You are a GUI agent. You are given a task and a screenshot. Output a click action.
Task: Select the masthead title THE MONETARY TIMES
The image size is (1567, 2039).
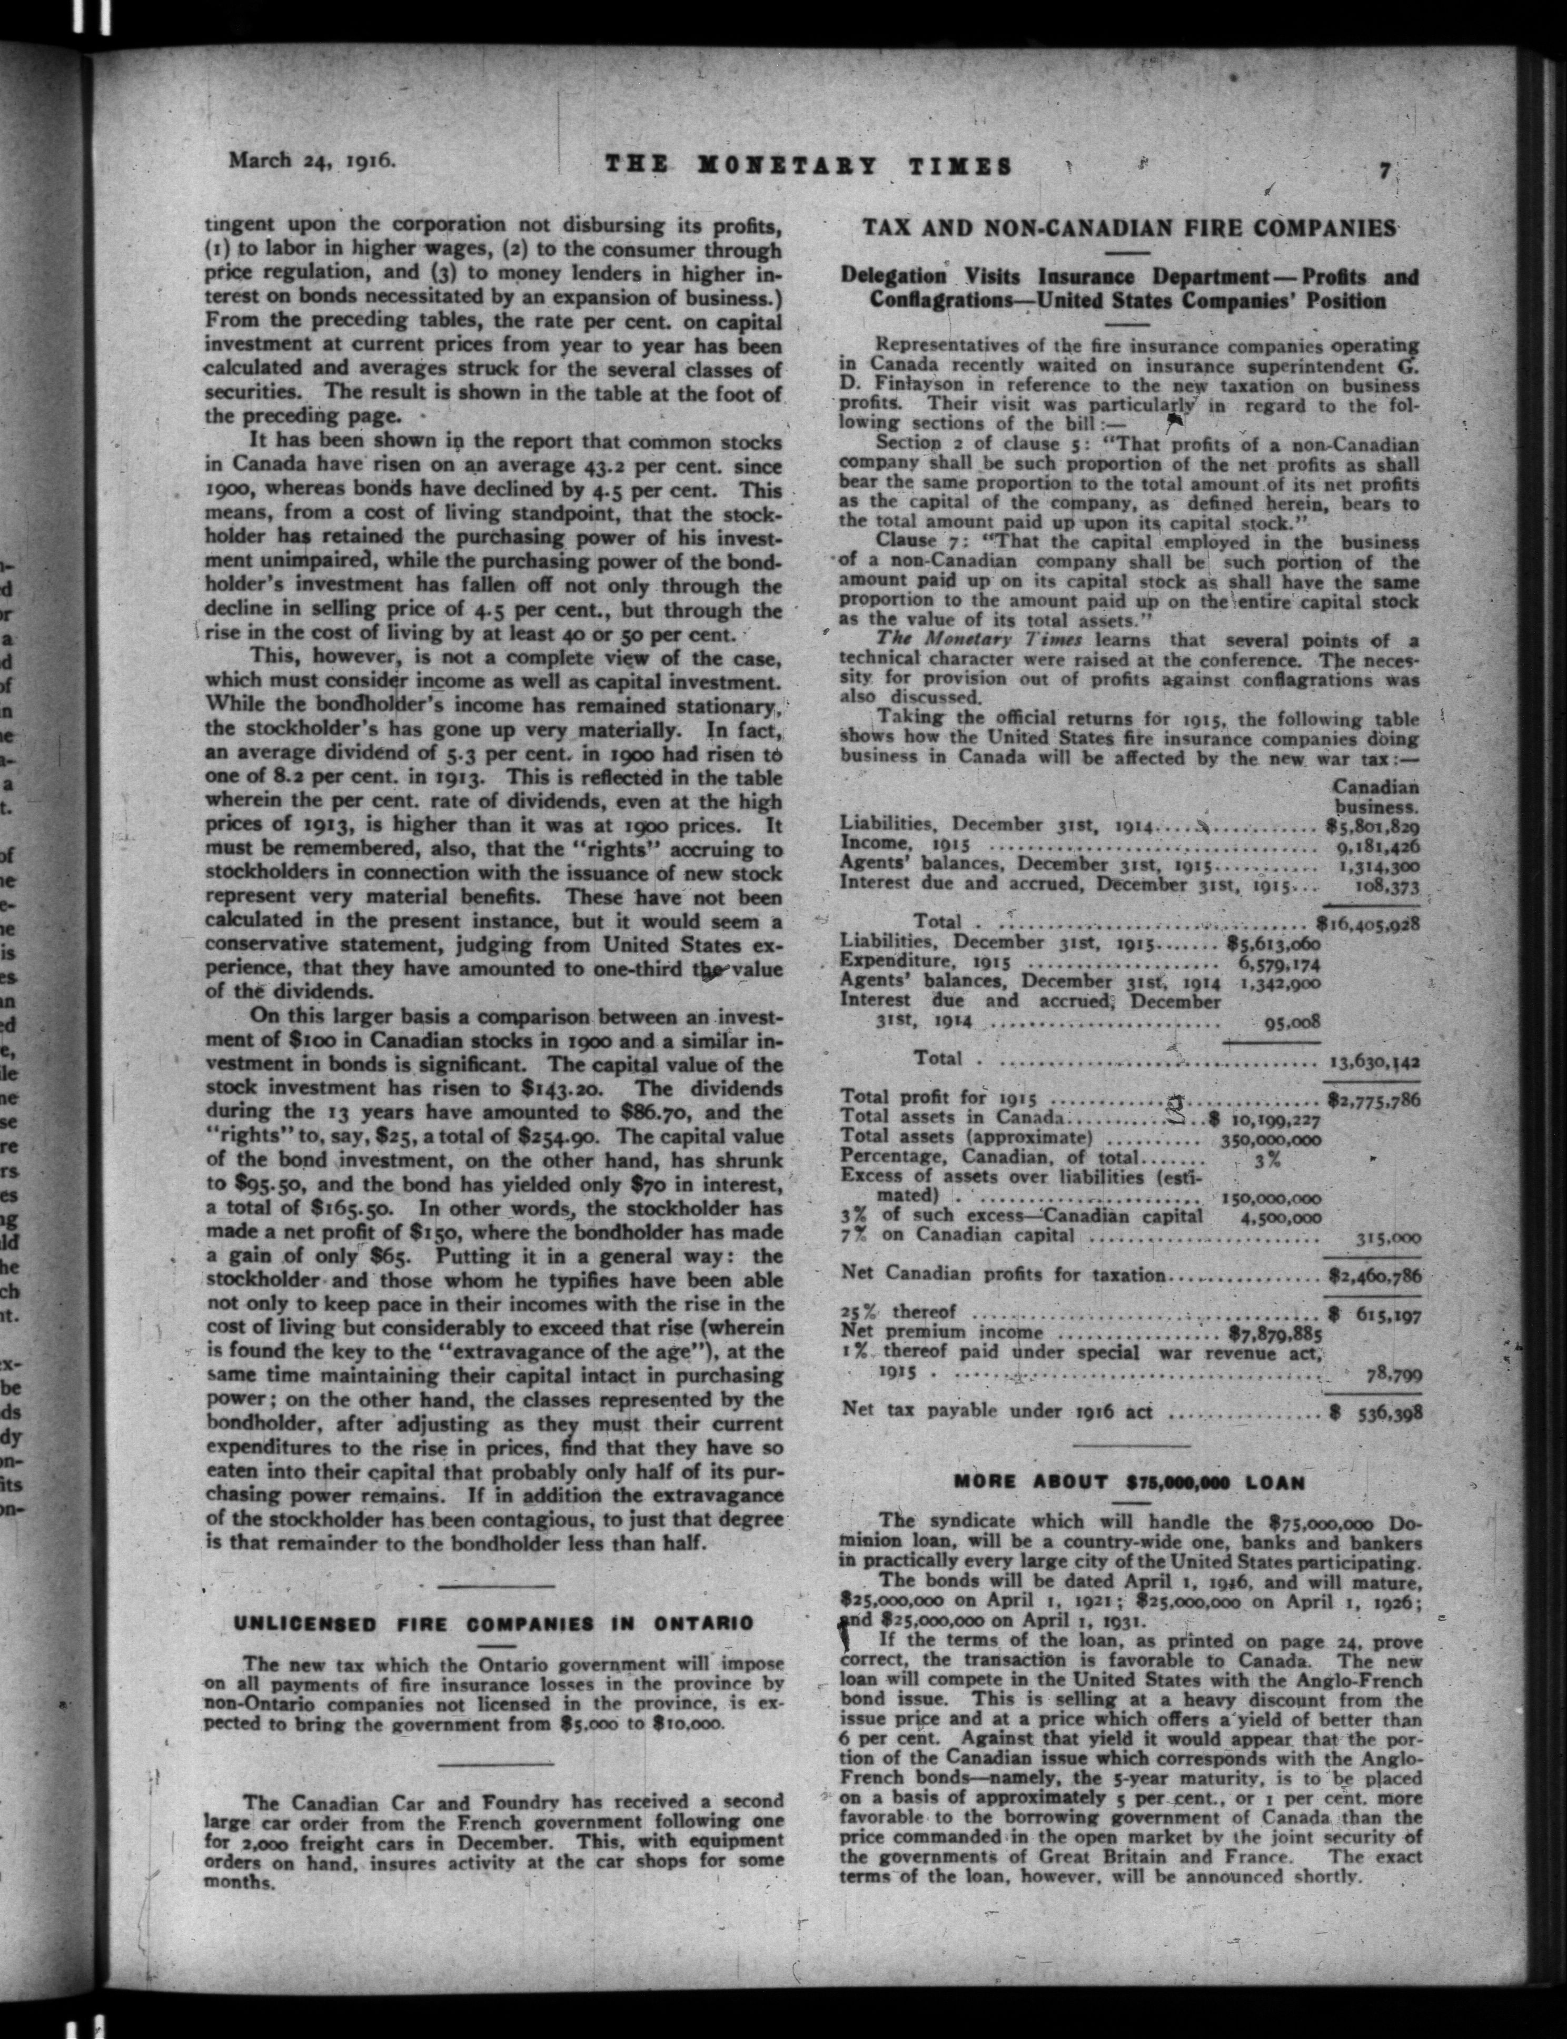[x=809, y=166]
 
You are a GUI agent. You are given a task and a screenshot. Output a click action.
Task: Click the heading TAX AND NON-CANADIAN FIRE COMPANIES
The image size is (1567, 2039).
[x=1128, y=227]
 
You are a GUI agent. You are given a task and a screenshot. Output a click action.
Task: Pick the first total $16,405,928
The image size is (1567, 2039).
[x=1367, y=924]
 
